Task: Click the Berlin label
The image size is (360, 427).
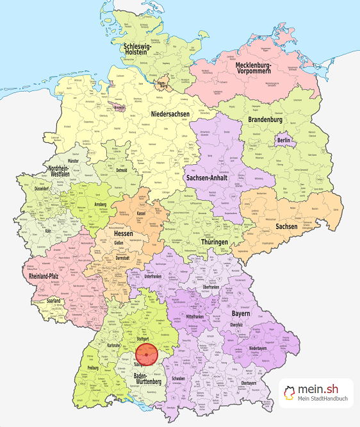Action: click(x=284, y=140)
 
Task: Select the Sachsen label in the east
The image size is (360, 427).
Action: click(x=286, y=226)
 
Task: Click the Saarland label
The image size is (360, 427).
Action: click(x=54, y=301)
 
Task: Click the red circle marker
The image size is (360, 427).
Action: click(x=147, y=355)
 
